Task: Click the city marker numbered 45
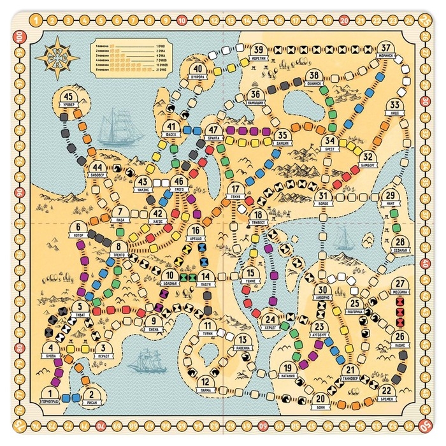click(x=70, y=99)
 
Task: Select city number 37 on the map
click(x=386, y=48)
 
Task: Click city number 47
click(x=213, y=131)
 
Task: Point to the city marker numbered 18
click(x=257, y=216)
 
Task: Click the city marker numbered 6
click(x=79, y=228)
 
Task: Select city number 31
click(x=324, y=197)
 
